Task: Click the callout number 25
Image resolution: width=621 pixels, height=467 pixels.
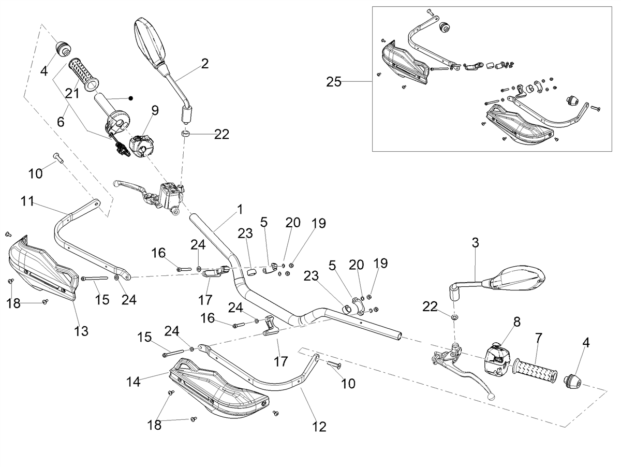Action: (x=334, y=82)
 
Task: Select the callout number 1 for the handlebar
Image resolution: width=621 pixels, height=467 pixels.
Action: (x=240, y=210)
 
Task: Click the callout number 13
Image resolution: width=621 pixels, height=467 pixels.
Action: (x=81, y=331)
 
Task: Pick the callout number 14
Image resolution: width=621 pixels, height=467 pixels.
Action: (x=133, y=382)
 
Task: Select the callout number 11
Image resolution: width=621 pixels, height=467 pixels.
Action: (x=27, y=201)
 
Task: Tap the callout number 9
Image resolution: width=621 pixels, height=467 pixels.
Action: (x=155, y=111)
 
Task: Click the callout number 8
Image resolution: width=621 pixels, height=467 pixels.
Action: (x=517, y=322)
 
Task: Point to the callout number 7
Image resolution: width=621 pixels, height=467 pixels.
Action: (x=538, y=338)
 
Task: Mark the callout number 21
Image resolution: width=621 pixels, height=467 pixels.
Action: (x=72, y=93)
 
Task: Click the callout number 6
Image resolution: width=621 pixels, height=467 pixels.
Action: (x=61, y=122)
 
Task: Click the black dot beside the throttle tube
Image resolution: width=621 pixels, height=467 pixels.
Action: (x=130, y=98)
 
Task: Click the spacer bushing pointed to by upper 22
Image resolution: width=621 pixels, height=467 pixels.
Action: (x=185, y=134)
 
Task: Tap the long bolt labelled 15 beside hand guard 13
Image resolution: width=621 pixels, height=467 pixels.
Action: (x=95, y=279)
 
